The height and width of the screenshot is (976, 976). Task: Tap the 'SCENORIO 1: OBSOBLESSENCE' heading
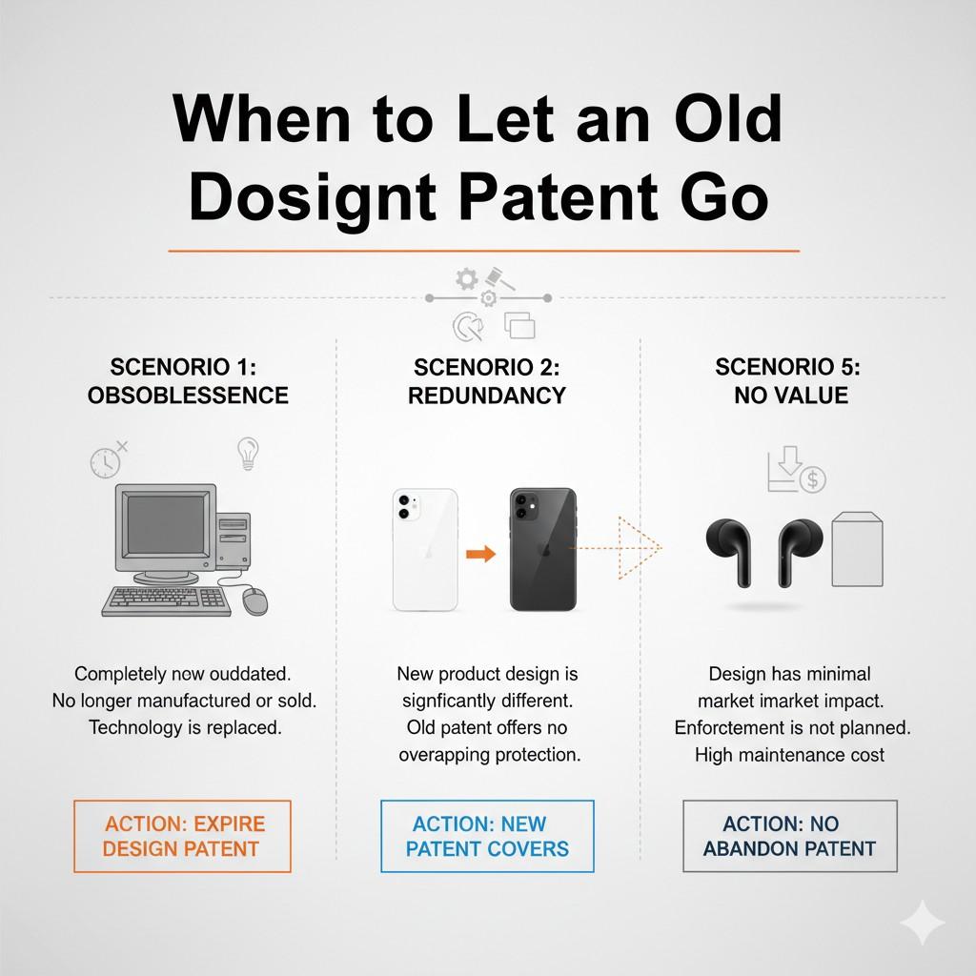pyautogui.click(x=188, y=381)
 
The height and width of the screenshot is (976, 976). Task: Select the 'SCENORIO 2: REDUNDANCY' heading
pyautogui.click(x=487, y=381)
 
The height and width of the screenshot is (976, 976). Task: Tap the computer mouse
pyautogui.click(x=254, y=600)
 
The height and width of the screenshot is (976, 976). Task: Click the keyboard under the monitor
pyautogui.click(x=167, y=600)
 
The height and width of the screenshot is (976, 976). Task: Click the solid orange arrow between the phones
pyautogui.click(x=481, y=553)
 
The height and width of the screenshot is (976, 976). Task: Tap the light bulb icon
pyautogui.click(x=248, y=452)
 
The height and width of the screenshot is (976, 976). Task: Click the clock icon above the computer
pyautogui.click(x=105, y=462)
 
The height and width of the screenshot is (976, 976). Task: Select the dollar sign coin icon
pyautogui.click(x=812, y=479)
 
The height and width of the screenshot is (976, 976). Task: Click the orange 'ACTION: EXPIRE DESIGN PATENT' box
pyautogui.click(x=182, y=836)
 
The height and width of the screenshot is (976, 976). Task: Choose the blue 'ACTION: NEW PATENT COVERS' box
pyautogui.click(x=487, y=836)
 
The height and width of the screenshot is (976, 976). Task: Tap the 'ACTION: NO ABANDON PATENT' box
pyautogui.click(x=790, y=836)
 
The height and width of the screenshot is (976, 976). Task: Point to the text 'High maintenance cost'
pyautogui.click(x=789, y=755)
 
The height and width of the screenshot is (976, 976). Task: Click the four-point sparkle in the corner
pyautogui.click(x=923, y=923)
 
